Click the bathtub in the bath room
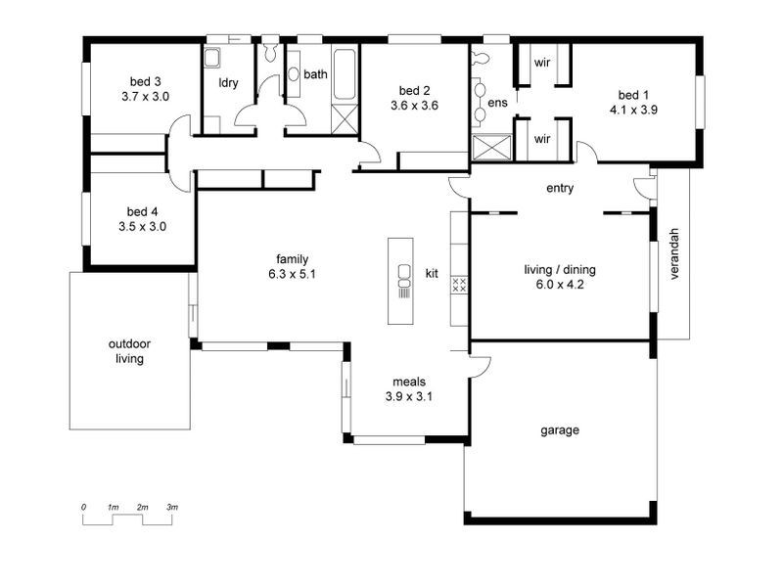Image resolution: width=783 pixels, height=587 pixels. coord(344,76)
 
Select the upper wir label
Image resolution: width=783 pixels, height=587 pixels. coord(541,63)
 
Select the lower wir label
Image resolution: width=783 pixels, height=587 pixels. coord(541,139)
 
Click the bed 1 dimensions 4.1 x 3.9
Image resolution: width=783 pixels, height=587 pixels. coord(632,110)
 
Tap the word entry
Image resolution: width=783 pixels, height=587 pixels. coord(560,189)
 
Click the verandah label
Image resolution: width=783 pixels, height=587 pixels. coord(673,255)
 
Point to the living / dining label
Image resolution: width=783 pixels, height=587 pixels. coord(560,270)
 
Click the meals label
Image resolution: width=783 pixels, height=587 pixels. coord(408,382)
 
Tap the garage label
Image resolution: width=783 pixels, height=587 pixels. coord(560,429)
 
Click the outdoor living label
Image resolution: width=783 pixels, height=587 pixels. coord(129,351)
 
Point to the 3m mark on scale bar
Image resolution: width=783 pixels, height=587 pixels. coord(172,507)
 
